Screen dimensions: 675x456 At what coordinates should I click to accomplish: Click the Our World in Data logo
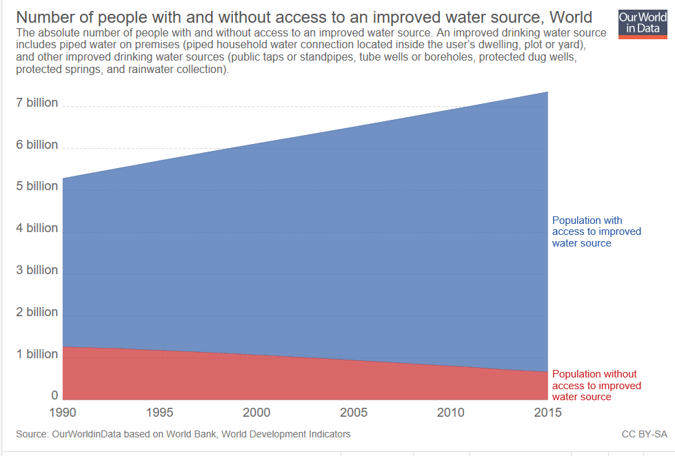(643, 24)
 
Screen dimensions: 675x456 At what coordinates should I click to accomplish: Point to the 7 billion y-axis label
(37, 103)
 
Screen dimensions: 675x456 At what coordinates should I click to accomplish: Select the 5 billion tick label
(37, 186)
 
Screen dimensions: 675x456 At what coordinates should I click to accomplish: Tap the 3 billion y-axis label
(37, 270)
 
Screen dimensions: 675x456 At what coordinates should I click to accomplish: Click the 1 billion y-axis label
(37, 354)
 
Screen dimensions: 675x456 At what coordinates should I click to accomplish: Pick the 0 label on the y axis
(54, 395)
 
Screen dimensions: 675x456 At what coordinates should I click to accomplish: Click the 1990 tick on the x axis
(63, 413)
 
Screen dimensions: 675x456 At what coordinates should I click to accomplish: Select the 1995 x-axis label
(159, 413)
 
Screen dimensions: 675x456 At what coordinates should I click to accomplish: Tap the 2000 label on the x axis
(256, 413)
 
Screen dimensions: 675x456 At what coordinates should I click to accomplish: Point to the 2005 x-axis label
(354, 413)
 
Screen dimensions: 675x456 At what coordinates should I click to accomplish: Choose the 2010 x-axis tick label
(451, 413)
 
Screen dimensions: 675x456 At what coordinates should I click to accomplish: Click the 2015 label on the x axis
(547, 413)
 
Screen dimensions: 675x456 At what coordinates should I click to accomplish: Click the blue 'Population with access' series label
(596, 232)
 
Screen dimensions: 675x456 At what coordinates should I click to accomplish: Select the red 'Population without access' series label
(596, 386)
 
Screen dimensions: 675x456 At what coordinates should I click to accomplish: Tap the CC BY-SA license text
(645, 435)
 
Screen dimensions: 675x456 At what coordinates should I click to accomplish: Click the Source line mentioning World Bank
(183, 435)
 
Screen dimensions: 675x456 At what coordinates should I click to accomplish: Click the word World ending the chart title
(571, 18)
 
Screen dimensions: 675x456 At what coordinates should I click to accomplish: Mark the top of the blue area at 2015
(547, 92)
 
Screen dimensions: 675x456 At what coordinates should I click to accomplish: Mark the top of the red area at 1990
(63, 346)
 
